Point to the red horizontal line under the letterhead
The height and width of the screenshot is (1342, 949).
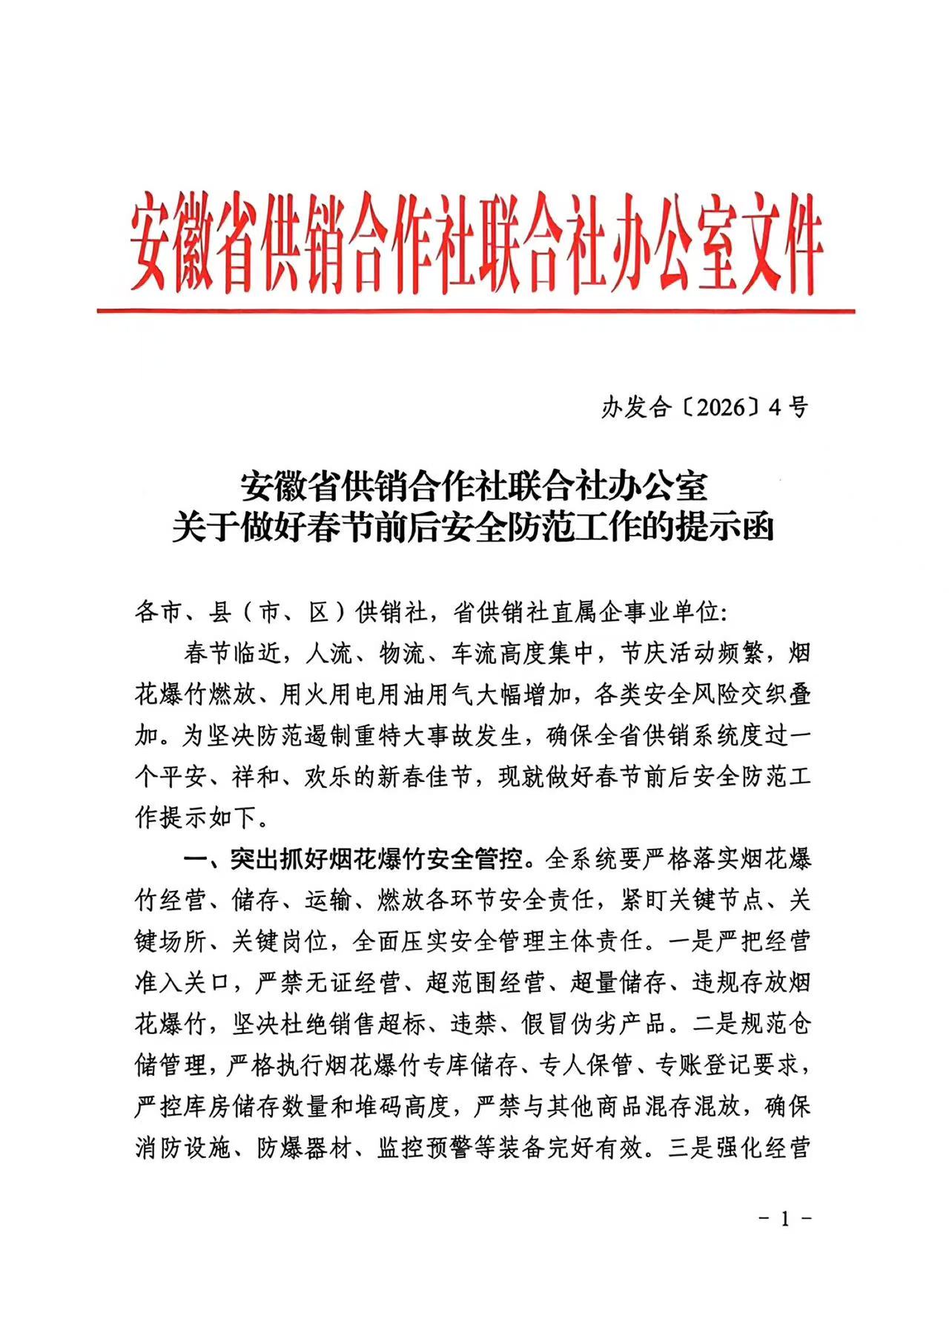pos(474,311)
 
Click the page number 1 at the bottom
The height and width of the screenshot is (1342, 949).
pos(785,1218)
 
